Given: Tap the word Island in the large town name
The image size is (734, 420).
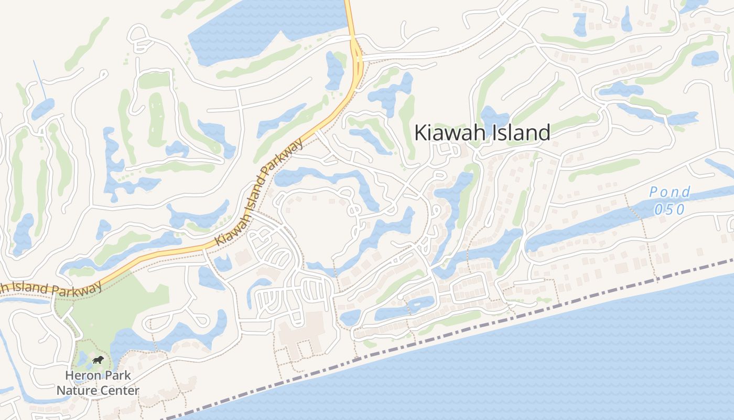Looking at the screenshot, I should coord(520,133).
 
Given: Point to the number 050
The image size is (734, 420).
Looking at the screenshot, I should coord(670,209).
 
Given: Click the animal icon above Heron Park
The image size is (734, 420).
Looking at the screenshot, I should coord(98,360).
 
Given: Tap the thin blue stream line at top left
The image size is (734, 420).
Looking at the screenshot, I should coord(40,79).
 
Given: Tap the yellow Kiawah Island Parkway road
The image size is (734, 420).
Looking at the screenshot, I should coord(157,257).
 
